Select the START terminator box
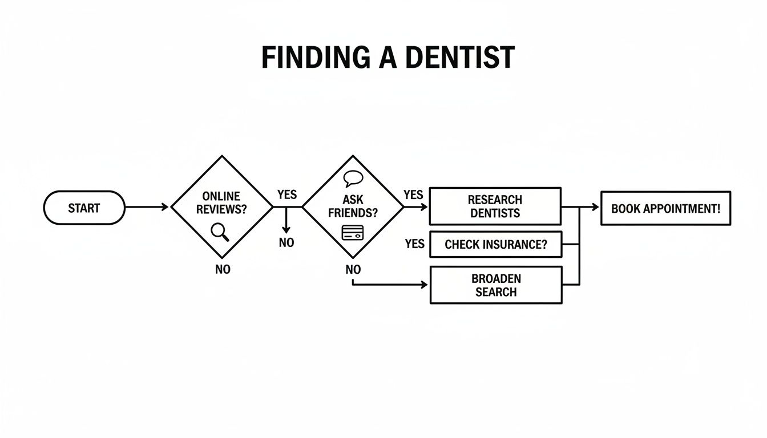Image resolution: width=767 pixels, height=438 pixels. (84, 208)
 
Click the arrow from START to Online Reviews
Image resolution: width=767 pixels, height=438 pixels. (147, 207)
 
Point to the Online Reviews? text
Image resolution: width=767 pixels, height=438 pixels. (221, 203)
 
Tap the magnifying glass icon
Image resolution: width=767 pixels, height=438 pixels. (220, 232)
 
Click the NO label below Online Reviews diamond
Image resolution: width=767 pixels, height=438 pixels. (223, 269)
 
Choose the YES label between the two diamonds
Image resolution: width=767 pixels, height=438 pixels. (286, 194)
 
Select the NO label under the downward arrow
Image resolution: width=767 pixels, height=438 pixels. (286, 242)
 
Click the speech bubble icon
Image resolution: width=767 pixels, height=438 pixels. (353, 179)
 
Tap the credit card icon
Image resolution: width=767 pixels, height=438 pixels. (353, 232)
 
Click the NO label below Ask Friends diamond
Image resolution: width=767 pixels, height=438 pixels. (353, 269)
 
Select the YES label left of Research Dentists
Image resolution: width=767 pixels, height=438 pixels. (413, 194)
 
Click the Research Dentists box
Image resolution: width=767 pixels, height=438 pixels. (495, 206)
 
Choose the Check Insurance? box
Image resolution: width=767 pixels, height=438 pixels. (495, 245)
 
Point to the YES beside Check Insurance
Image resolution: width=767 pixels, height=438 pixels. (415, 244)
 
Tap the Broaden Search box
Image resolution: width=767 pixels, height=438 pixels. (495, 285)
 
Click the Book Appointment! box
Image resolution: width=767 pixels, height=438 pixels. (665, 208)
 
